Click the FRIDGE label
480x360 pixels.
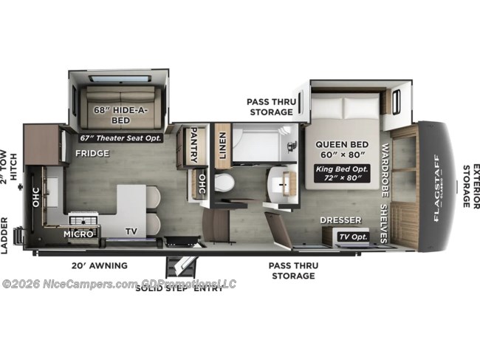click(x=92, y=154)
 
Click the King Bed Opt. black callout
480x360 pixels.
click(x=343, y=174)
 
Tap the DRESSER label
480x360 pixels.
click(x=340, y=220)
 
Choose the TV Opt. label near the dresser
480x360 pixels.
click(x=353, y=237)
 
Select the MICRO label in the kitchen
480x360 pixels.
click(x=79, y=234)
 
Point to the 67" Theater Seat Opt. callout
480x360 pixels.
click(x=123, y=137)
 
